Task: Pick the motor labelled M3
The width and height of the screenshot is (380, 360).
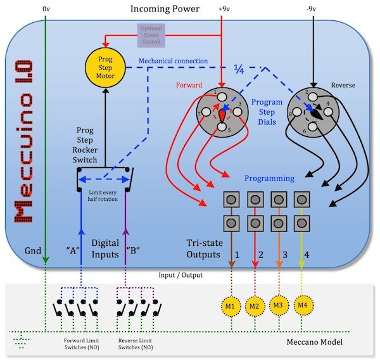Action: (x=277, y=305)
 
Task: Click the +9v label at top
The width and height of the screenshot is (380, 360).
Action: (x=225, y=9)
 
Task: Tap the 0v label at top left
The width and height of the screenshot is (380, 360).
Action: (x=46, y=9)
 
